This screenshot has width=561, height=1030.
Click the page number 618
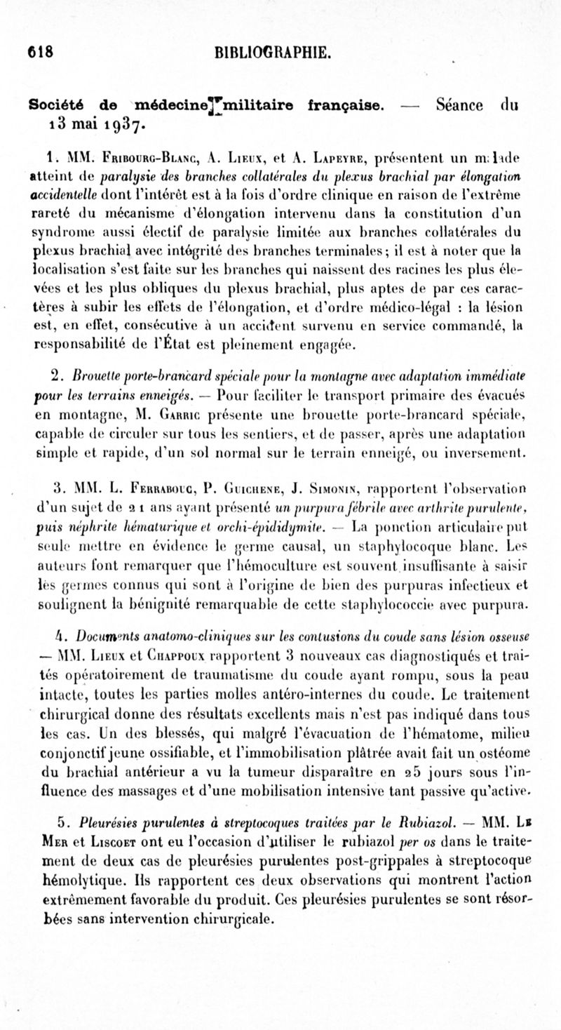point(41,52)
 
